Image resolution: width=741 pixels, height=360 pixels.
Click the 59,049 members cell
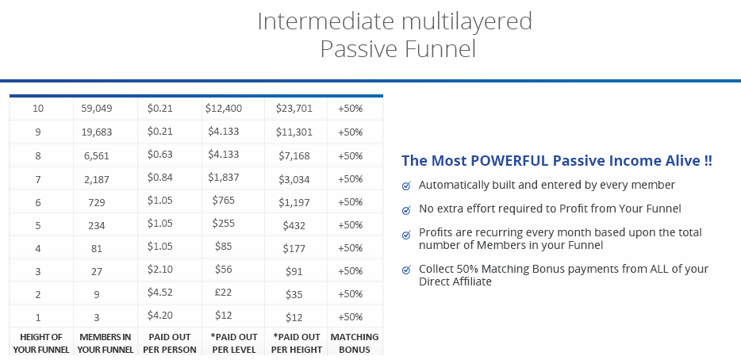click(x=97, y=109)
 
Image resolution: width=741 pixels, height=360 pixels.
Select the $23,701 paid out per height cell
click(x=294, y=109)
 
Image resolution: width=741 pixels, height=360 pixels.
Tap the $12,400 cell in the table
click(x=224, y=108)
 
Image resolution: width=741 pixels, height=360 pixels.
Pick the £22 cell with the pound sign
click(x=223, y=293)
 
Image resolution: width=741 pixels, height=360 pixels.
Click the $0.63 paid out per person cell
click(x=159, y=155)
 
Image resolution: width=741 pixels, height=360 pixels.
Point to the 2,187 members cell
click(x=97, y=179)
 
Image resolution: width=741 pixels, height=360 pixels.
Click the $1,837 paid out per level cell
click(x=224, y=177)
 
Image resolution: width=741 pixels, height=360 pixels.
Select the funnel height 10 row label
click(x=38, y=109)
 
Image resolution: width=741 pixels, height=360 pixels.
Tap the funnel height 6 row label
click(x=38, y=203)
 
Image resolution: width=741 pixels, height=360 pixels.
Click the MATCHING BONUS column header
click(x=355, y=343)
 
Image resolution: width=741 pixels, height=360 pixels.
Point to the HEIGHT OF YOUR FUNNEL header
click(x=41, y=343)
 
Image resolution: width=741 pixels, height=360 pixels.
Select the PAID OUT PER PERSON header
click(x=170, y=343)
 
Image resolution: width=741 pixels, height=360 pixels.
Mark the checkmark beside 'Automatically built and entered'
click(x=406, y=186)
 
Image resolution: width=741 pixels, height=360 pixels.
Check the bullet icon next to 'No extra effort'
click(x=406, y=210)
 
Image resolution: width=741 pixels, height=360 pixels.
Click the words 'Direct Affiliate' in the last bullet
click(x=455, y=281)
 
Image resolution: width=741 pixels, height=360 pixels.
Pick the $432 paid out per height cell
click(x=294, y=225)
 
